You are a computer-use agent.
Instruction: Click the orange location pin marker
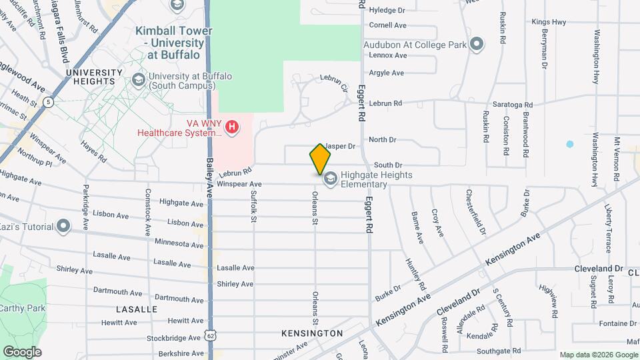320,159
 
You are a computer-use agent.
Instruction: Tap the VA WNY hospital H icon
232,126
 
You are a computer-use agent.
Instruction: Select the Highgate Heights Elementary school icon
330,179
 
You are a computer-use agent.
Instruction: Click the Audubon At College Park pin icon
476,45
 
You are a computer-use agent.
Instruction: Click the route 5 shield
48,102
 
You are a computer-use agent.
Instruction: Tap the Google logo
22,351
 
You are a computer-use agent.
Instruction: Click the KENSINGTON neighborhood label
312,333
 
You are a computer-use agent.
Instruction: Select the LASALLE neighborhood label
137,309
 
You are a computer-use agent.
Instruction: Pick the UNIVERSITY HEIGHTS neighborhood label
95,77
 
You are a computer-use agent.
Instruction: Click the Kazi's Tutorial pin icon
63,226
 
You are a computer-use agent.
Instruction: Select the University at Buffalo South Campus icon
139,80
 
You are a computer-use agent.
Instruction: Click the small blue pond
569,144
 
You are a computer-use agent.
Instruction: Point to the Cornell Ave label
387,25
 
